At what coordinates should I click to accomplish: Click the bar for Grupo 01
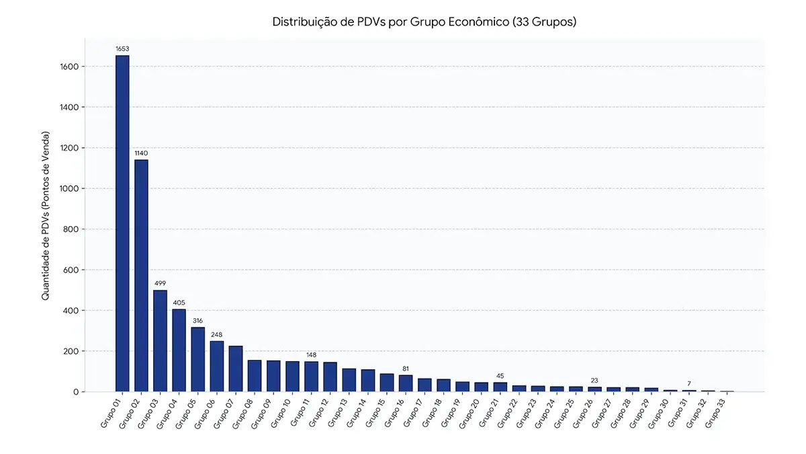(122, 223)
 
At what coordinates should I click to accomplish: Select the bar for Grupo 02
(141, 276)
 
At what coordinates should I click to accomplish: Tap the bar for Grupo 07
(236, 369)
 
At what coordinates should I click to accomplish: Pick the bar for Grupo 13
(349, 380)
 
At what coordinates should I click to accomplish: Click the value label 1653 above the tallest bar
(122, 48)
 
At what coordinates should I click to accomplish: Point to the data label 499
(160, 283)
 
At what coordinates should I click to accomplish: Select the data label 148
(311, 355)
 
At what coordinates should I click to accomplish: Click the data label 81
(406, 369)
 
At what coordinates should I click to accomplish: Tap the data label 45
(500, 376)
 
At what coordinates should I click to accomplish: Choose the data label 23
(594, 381)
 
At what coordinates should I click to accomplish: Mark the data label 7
(689, 384)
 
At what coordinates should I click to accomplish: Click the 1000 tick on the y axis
(69, 188)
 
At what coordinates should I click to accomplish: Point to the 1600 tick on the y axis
(69, 67)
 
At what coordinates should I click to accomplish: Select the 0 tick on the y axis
(76, 392)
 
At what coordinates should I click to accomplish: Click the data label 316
(197, 321)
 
